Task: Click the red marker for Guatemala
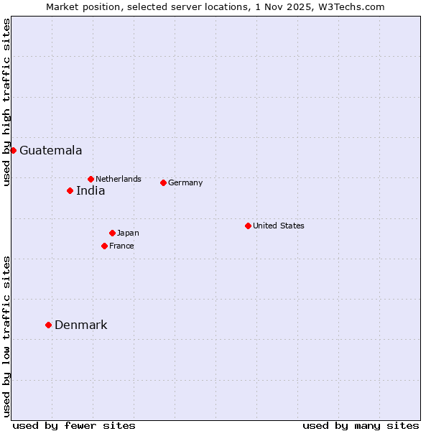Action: tap(13, 150)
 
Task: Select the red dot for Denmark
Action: tap(48, 325)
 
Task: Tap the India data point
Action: tap(70, 190)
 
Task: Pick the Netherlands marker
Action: tap(91, 179)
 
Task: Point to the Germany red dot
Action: tap(163, 182)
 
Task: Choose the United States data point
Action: tap(248, 226)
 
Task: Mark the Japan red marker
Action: tap(112, 233)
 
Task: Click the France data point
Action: tap(104, 246)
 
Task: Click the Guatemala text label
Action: tap(50, 151)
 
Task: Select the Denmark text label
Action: tap(80, 325)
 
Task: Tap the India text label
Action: tap(91, 191)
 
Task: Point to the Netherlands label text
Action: tap(119, 179)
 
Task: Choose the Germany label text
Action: tap(185, 183)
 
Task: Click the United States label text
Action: tap(279, 226)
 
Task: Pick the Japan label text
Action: tap(128, 233)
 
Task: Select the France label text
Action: tap(121, 246)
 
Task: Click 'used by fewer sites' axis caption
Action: tap(74, 425)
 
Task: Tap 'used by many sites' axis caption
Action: tap(361, 425)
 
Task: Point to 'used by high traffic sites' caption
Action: tap(6, 102)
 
